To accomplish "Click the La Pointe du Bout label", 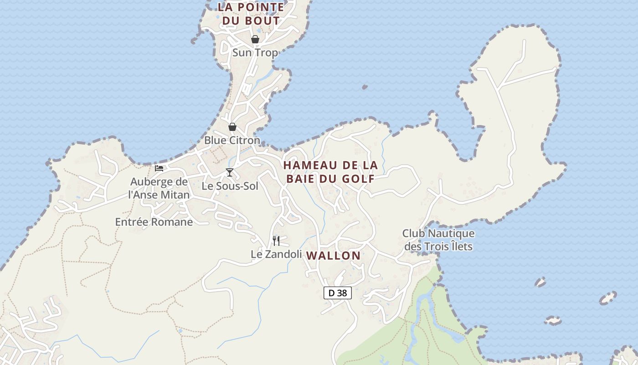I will tap(251, 14).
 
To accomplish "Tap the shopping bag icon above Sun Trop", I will tap(255, 39).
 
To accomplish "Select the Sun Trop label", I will tap(255, 53).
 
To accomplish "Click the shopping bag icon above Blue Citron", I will tap(232, 127).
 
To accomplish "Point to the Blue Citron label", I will tap(232, 141).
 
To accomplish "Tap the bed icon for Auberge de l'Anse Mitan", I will tap(159, 168).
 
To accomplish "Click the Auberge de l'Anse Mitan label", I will tap(159, 188).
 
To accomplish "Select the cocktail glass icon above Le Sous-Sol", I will tap(230, 172).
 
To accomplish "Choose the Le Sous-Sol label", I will tap(230, 186).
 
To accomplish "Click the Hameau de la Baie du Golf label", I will tap(330, 172).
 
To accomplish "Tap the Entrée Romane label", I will tap(154, 222).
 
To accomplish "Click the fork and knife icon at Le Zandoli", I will tap(276, 240).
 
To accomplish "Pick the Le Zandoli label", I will tap(276, 254).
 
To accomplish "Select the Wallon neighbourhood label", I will tap(334, 255).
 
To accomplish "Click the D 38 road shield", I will tap(338, 293).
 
